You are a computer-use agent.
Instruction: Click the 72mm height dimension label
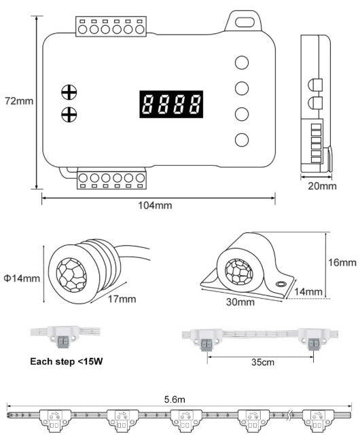pos(19,101)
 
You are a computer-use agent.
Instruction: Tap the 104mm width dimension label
pos(156,205)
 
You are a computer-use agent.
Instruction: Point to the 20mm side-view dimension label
pos(322,186)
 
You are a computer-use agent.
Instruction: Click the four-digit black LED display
pos(171,104)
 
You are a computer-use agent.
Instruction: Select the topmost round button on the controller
pos(242,62)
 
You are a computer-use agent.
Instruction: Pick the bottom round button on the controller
pos(242,140)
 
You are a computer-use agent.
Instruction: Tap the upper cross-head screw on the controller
pos(69,92)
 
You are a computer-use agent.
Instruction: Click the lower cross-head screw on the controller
pos(69,115)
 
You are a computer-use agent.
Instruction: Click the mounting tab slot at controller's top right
pos(245,22)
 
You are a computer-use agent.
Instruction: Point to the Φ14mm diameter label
pos(22,278)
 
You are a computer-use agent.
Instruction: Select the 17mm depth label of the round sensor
pos(122,299)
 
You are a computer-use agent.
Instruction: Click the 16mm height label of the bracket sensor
pos(342,262)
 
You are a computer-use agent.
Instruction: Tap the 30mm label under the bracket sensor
pos(240,302)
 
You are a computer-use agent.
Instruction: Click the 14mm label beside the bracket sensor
pos(308,292)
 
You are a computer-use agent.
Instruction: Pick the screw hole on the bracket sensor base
pos(281,284)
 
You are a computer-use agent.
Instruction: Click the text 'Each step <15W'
pos(67,361)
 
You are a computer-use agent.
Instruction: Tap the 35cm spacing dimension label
pos(263,363)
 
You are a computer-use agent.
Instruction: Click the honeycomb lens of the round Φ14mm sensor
pos(71,275)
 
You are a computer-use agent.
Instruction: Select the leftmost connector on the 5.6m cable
pos(54,421)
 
